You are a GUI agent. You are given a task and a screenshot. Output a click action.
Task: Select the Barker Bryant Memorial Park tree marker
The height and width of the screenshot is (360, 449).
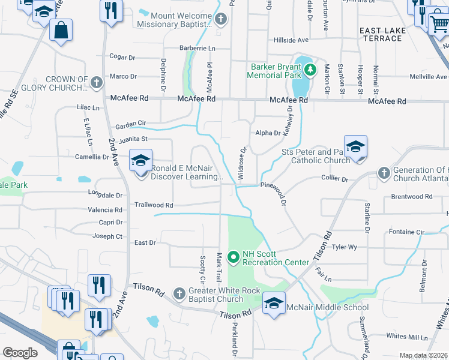310,70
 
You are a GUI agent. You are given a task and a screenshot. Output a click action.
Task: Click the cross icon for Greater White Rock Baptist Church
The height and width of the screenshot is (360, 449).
178,293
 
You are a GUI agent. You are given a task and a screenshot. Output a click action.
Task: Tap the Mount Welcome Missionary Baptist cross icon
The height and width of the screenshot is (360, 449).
221,19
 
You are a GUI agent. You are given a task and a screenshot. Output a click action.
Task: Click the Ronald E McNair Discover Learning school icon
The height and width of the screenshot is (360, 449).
141,161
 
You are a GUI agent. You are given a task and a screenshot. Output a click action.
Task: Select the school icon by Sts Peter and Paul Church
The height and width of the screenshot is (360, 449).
355,146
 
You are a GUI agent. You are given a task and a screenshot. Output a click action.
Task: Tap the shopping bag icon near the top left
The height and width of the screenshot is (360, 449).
61,30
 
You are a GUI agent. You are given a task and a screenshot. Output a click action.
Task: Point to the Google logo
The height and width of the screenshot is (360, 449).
20,353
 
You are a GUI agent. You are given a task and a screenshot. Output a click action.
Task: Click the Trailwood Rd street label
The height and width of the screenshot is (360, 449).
154,205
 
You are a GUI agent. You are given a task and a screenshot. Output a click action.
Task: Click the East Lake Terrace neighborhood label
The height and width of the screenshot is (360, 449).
389,34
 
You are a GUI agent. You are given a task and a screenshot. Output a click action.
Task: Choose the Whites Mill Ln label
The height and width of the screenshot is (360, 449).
406,335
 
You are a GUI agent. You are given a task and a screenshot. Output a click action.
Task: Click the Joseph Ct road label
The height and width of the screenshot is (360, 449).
107,236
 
